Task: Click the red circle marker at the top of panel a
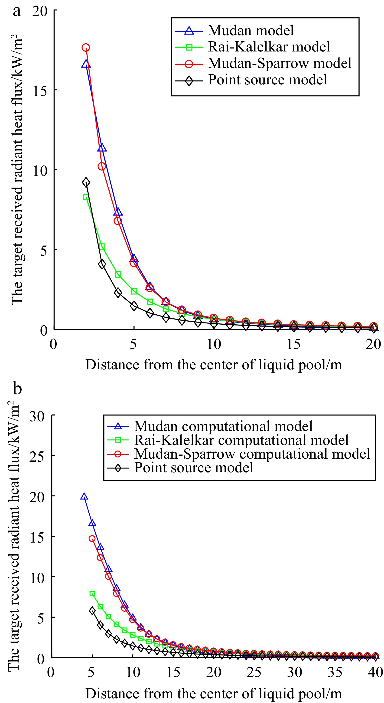86,48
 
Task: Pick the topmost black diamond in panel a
86,182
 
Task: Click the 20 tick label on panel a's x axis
373,344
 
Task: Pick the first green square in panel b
92,594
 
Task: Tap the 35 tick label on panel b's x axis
335,672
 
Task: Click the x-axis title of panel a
213,364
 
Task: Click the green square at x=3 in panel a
102,247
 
